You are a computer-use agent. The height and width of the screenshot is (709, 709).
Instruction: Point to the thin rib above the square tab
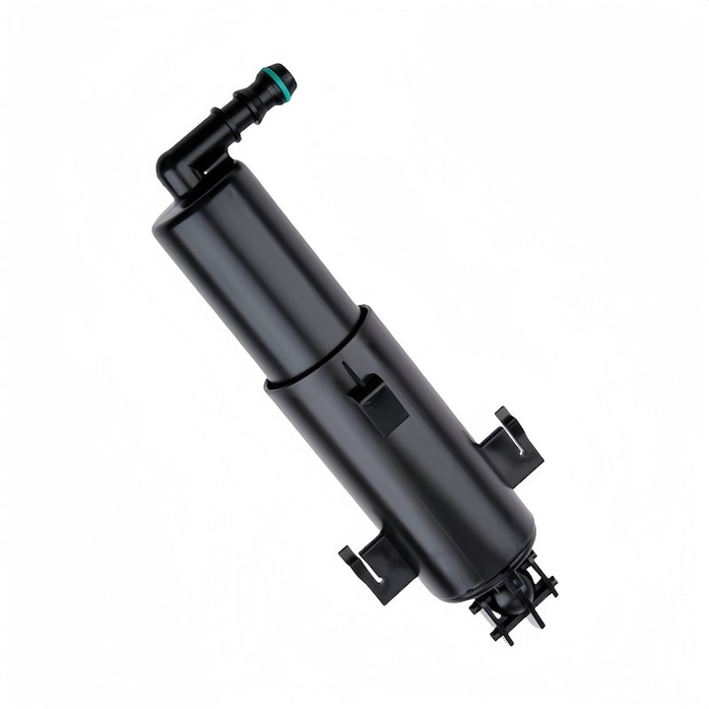coord(349,374)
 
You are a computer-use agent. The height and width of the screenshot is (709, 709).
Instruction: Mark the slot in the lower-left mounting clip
coord(369,571)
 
